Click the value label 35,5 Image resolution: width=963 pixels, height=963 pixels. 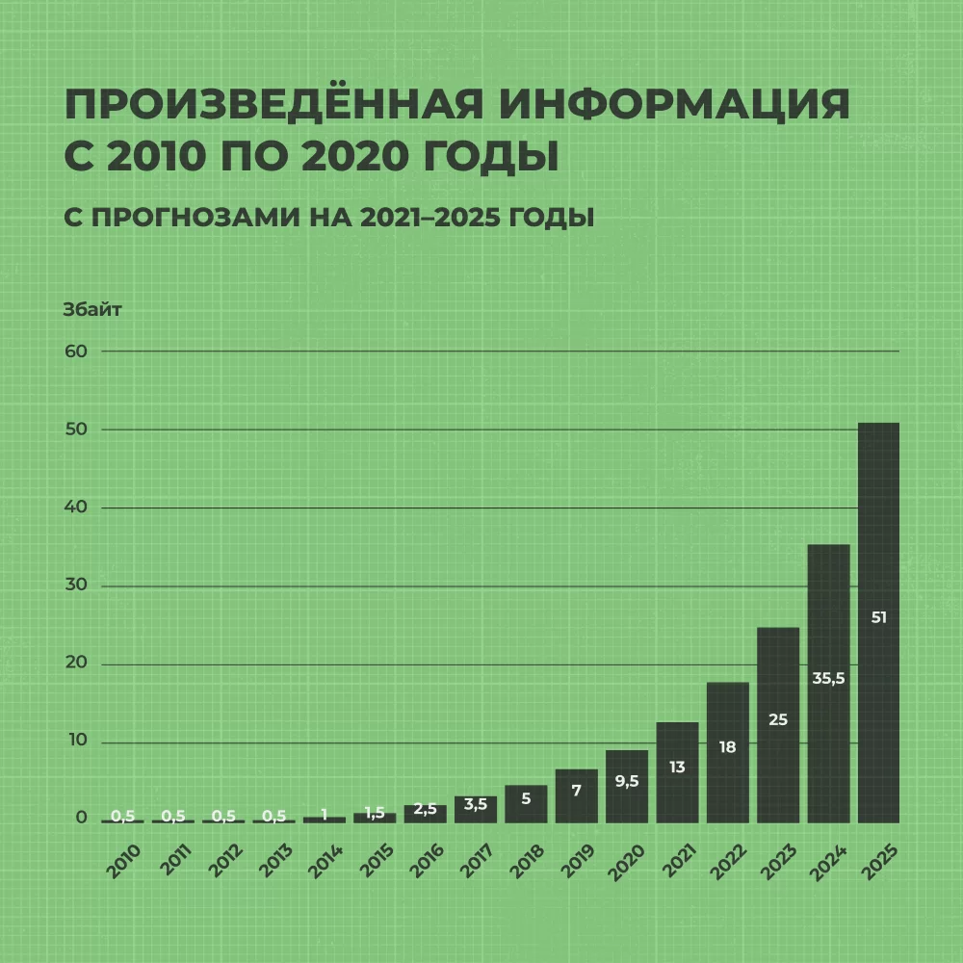(x=828, y=678)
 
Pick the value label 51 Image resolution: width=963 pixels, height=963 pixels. (x=878, y=618)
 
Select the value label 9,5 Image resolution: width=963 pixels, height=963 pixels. (x=627, y=782)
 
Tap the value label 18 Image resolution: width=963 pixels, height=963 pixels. (x=727, y=746)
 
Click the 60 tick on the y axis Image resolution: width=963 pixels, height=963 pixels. (x=76, y=351)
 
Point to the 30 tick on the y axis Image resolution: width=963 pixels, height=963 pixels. (x=76, y=586)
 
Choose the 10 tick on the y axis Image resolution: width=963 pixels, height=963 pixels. (x=76, y=742)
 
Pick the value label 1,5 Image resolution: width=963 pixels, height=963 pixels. (x=375, y=814)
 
